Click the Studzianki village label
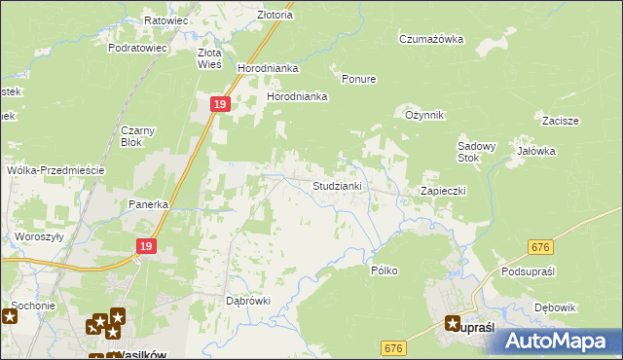(338, 185)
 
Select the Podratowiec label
(138, 47)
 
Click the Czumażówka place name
(430, 39)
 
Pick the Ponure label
(358, 79)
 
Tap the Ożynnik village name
(424, 115)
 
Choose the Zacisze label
(562, 121)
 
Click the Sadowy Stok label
(477, 152)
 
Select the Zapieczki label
(443, 191)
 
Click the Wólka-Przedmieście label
(55, 170)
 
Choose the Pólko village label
(385, 270)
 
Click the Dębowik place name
(556, 307)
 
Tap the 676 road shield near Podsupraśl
(541, 249)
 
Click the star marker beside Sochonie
(11, 316)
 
